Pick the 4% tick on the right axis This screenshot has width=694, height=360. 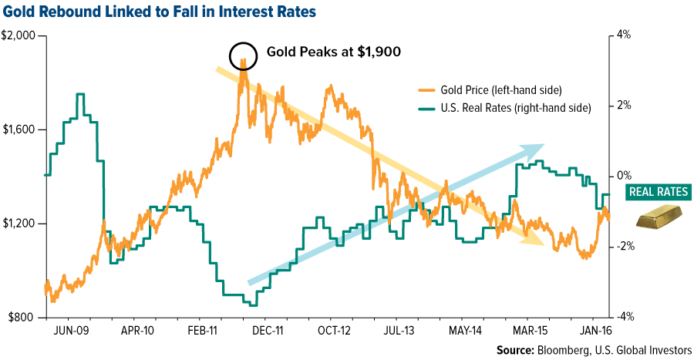click(623, 36)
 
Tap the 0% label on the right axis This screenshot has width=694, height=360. click(623, 177)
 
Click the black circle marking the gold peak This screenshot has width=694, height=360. click(243, 56)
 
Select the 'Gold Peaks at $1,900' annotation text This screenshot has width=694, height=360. click(332, 52)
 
